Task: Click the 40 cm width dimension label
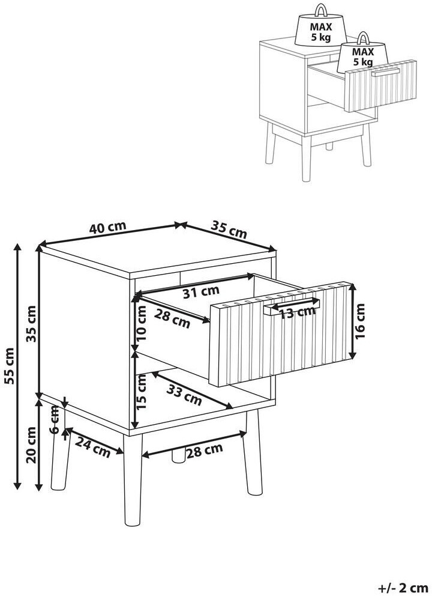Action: coord(107,228)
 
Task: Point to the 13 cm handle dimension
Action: coord(298,312)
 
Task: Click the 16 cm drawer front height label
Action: coord(361,321)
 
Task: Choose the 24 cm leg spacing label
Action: coord(92,447)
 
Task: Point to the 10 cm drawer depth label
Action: coord(141,324)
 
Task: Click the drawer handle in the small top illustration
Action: coord(385,73)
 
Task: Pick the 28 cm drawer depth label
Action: coord(172,318)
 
